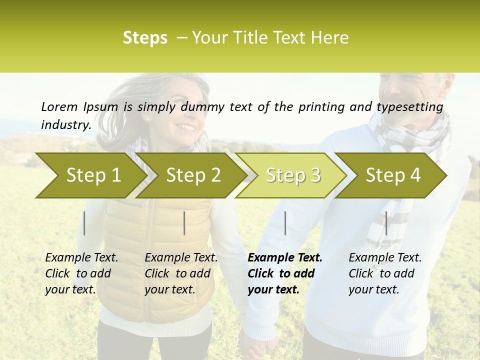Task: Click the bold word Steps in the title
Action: [145, 38]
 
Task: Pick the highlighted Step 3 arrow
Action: [293, 175]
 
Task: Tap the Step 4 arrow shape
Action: [393, 175]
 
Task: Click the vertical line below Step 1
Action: [84, 223]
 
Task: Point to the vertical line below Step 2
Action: [184, 223]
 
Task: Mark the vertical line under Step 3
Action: [285, 223]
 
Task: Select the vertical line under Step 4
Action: [386, 223]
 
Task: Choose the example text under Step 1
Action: [81, 273]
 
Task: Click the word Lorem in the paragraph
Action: [59, 106]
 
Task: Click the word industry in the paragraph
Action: [65, 124]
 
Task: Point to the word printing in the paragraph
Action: [319, 107]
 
